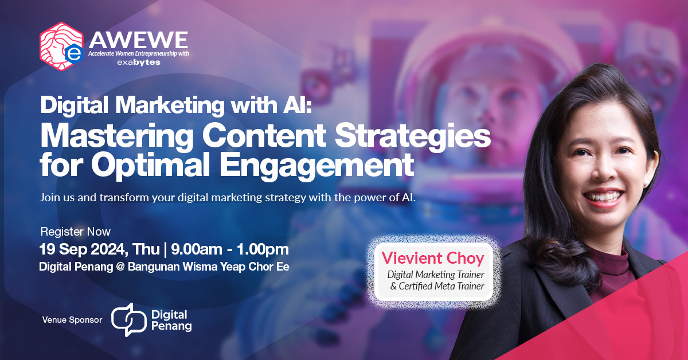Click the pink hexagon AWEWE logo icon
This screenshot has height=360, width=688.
(x=61, y=46)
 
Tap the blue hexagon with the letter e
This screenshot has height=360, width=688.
(x=74, y=53)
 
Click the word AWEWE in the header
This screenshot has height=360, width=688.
(x=138, y=40)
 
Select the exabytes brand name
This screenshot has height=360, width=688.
(x=139, y=62)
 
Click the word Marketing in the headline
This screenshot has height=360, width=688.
(x=170, y=105)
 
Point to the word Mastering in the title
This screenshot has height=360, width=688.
(x=117, y=136)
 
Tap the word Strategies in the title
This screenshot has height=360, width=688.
(x=412, y=136)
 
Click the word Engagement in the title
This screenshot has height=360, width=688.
(x=316, y=165)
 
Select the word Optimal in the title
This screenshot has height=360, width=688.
(x=150, y=165)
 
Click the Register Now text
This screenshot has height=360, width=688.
(x=76, y=232)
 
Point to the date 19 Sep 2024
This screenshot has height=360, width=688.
(x=83, y=249)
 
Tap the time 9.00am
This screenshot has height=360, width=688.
(x=197, y=249)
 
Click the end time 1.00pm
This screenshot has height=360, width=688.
(x=263, y=249)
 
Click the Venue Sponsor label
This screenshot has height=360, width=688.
(x=72, y=320)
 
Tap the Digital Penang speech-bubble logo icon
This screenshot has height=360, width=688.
(x=128, y=320)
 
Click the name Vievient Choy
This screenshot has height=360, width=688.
(x=433, y=258)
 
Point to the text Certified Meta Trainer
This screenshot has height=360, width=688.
(x=441, y=286)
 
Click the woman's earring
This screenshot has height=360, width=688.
(x=646, y=183)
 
